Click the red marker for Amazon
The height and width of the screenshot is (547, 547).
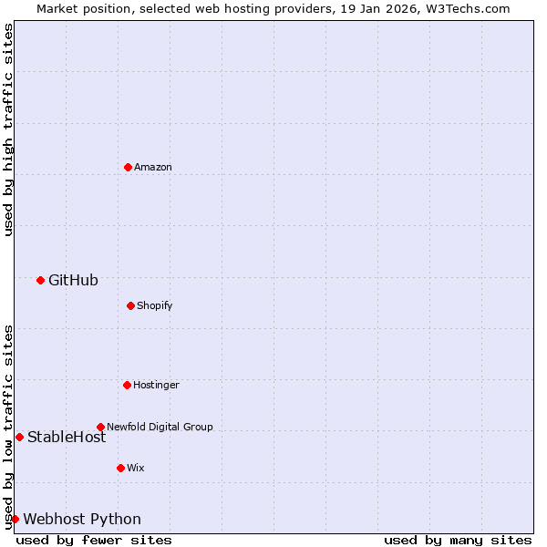click(x=128, y=167)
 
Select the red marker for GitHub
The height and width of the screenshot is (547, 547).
click(x=40, y=280)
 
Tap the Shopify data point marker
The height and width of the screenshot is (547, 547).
click(x=130, y=305)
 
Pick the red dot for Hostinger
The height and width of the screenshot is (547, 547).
click(x=127, y=385)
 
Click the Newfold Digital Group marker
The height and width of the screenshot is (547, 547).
click(x=100, y=427)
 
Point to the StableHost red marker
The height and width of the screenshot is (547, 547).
click(x=19, y=437)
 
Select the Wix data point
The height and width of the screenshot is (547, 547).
click(x=120, y=468)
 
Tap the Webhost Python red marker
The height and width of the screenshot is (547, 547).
click(x=15, y=519)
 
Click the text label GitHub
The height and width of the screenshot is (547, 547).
click(x=73, y=280)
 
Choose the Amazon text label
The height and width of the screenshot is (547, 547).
click(x=153, y=167)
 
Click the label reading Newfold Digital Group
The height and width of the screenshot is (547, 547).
click(x=160, y=427)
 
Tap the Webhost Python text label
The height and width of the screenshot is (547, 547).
click(x=82, y=519)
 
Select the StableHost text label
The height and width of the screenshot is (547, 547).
click(x=67, y=437)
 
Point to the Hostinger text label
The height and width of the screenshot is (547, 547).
click(x=156, y=385)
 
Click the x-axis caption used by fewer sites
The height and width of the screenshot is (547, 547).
click(x=94, y=540)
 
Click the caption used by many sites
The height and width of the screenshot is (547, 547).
click(x=458, y=540)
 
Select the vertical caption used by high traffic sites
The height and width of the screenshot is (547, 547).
click(x=8, y=129)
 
